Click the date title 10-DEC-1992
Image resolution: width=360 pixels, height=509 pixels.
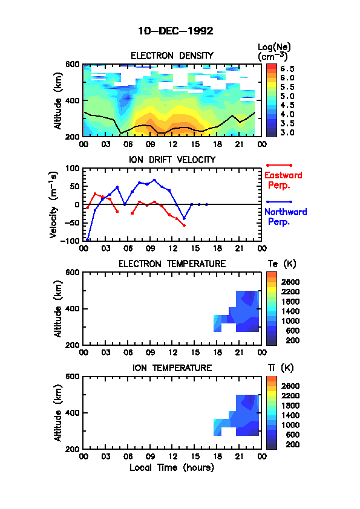point(176,31)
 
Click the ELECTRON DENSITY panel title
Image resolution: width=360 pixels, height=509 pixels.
point(172,56)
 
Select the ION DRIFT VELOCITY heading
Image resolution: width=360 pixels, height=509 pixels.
point(172,160)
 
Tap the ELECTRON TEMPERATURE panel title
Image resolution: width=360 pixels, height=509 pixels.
point(172,264)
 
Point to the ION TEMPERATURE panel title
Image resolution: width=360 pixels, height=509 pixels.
point(172,368)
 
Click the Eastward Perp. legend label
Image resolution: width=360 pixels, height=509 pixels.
point(283,181)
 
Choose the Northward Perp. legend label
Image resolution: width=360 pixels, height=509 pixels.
point(286,217)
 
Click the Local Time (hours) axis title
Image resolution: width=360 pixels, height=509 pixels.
point(172,468)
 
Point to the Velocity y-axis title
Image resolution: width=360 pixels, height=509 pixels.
point(54,204)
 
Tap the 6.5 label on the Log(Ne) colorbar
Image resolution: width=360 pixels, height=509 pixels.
point(287,69)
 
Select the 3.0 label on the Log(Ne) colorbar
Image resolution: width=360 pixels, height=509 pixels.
point(287,132)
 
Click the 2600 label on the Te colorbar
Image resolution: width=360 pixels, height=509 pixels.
point(290,282)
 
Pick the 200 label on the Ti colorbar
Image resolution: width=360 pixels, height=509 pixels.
point(292,444)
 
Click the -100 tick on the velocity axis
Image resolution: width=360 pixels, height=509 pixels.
point(72,241)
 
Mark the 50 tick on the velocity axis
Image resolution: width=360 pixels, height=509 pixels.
point(75,186)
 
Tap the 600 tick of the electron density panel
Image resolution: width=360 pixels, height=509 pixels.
point(73,64)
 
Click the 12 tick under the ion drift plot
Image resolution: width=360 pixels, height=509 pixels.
point(173,248)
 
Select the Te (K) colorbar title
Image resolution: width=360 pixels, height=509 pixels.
point(282,264)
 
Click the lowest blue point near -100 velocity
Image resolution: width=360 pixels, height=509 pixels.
point(87,240)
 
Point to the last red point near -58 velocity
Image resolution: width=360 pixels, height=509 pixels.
point(184,225)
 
